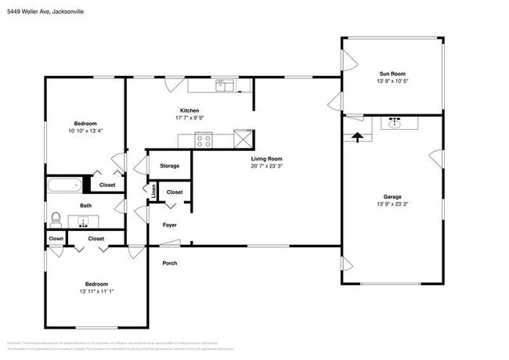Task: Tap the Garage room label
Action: [x=392, y=196]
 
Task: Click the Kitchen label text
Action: [x=190, y=111]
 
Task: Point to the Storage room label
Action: [x=169, y=166]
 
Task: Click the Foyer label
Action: [x=169, y=225]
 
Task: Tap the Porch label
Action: [x=169, y=263]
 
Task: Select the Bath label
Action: [x=85, y=206]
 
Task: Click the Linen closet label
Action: [x=154, y=190]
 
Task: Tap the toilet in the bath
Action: [x=56, y=218]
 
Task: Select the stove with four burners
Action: [x=204, y=141]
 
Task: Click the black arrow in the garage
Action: [x=359, y=136]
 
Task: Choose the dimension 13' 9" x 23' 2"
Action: [x=392, y=204]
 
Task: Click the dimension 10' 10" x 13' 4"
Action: [x=85, y=131]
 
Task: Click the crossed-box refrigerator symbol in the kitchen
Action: [x=244, y=140]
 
